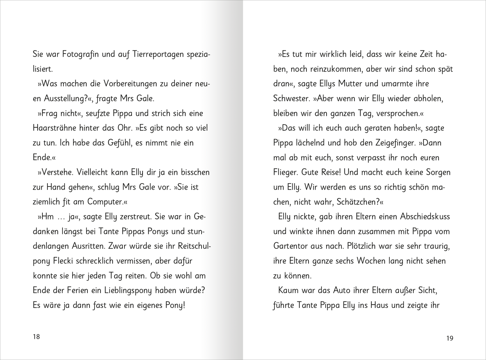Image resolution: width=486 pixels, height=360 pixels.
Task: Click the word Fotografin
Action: pyautogui.click(x=80, y=54)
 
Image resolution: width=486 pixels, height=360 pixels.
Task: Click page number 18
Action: pyautogui.click(x=36, y=336)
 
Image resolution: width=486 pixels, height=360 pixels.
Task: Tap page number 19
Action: pyautogui.click(x=450, y=338)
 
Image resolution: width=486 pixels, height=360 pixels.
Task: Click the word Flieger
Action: pyautogui.click(x=285, y=172)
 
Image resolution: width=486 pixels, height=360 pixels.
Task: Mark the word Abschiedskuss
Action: pyautogui.click(x=425, y=217)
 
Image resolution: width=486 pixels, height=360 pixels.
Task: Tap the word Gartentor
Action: pyautogui.click(x=291, y=246)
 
